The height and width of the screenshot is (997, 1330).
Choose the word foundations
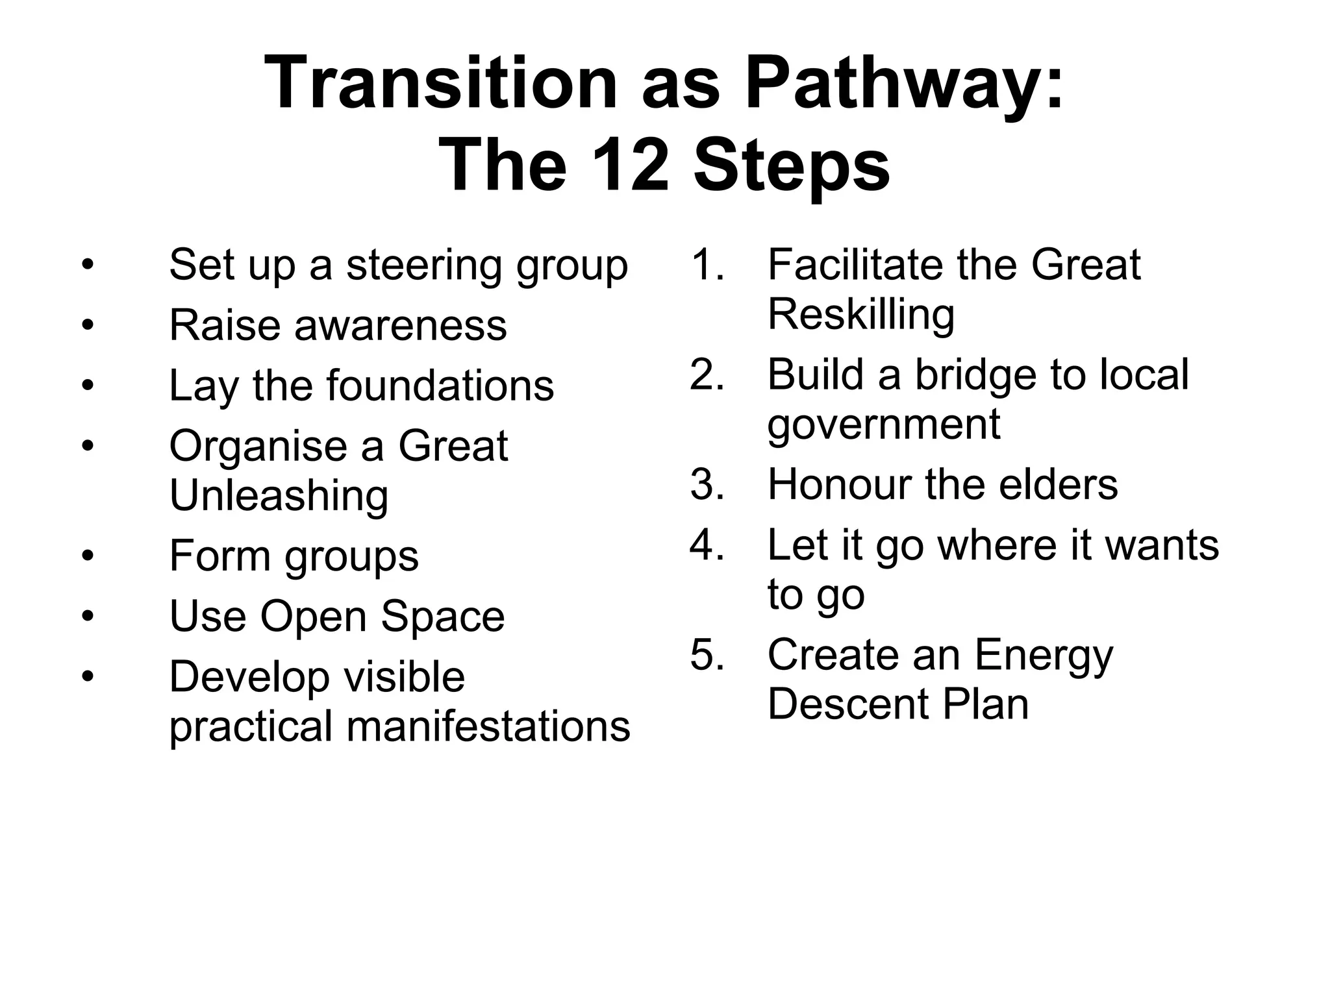tap(440, 386)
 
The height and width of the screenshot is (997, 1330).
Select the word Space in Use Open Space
tap(442, 616)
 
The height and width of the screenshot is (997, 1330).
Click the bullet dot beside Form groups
tap(88, 556)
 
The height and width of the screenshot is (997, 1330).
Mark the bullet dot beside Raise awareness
tap(88, 325)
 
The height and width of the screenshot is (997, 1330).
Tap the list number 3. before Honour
tap(707, 484)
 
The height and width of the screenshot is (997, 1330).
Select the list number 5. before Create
tap(707, 654)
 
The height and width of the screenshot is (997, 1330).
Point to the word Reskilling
tap(860, 315)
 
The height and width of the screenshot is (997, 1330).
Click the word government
tap(883, 425)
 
